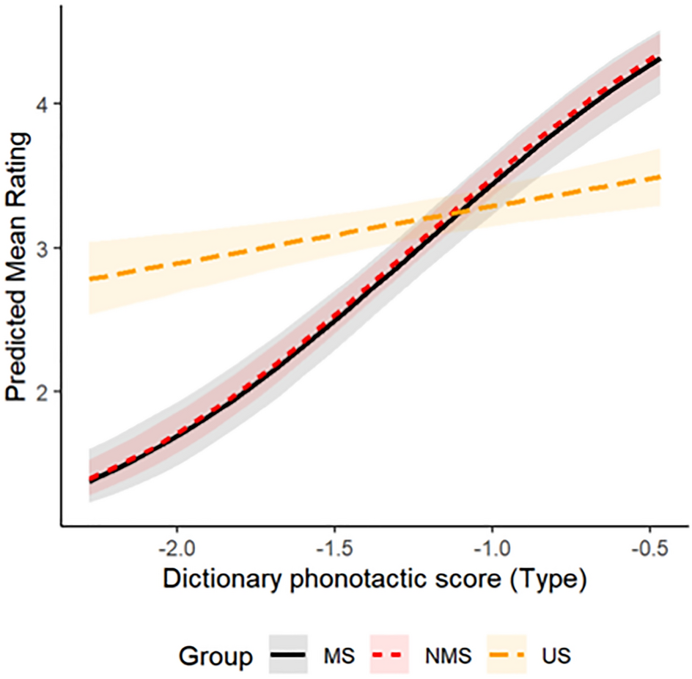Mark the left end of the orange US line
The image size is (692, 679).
click(x=89, y=279)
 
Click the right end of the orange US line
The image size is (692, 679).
click(x=660, y=177)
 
